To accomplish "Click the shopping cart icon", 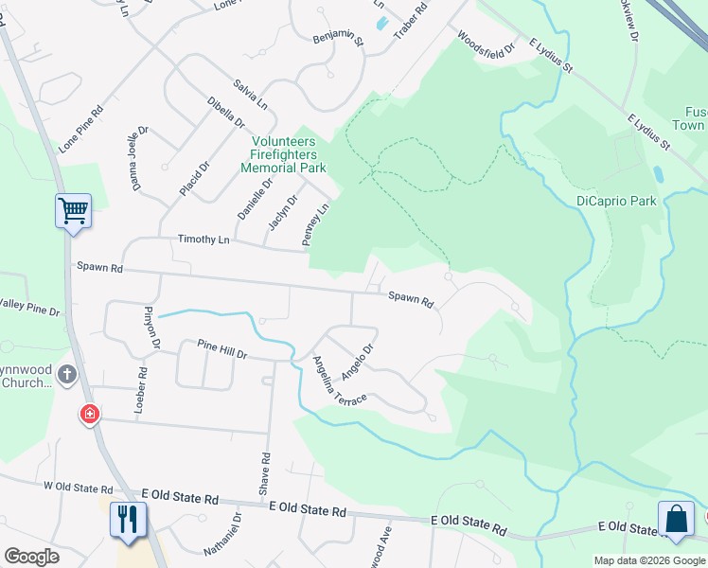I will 73,210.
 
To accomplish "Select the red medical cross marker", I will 90,414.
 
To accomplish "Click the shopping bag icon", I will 675,519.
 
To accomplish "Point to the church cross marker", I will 67,374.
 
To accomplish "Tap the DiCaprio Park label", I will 616,201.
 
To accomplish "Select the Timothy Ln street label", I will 204,240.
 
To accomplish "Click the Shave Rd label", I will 265,473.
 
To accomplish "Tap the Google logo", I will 31,557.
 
